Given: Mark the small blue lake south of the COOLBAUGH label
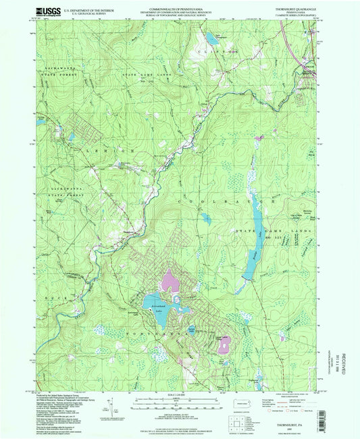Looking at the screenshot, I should point(205,217).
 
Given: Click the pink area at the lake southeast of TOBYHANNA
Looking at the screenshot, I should point(224,344).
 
